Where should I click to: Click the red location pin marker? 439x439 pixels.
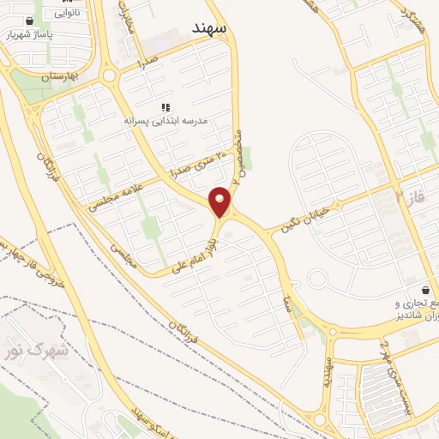pyautogui.click(x=220, y=201)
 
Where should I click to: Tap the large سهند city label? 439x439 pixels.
pyautogui.click(x=209, y=28)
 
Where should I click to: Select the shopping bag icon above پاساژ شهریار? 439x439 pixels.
pyautogui.click(x=31, y=21)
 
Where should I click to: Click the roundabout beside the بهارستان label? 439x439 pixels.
pyautogui.click(x=109, y=76)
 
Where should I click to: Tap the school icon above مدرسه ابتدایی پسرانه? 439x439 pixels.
pyautogui.click(x=166, y=107)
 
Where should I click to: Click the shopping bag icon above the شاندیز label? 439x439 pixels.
pyautogui.click(x=427, y=289)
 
